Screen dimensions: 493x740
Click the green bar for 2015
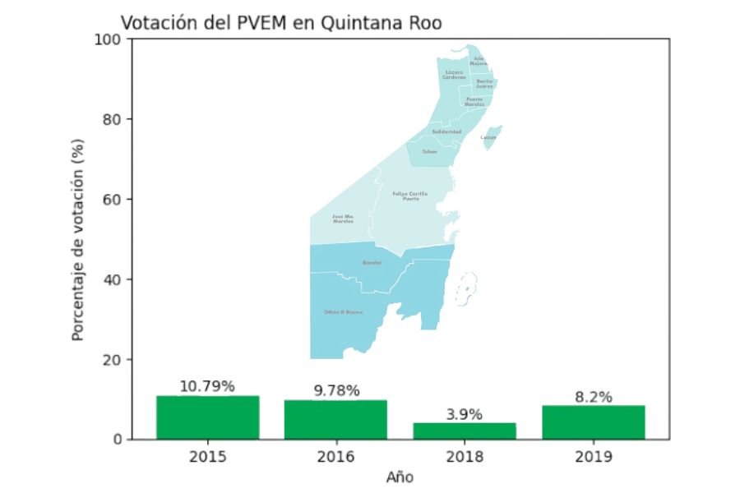tap(207, 417)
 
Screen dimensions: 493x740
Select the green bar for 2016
tap(335, 419)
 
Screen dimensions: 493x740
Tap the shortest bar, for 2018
tap(465, 431)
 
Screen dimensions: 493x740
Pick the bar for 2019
tap(593, 422)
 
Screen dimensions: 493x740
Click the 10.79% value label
tap(207, 386)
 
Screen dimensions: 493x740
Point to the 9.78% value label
tap(336, 390)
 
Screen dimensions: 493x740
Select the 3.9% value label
tap(465, 414)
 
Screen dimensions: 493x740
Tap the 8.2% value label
tap(593, 397)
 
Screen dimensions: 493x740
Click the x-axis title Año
tap(400, 477)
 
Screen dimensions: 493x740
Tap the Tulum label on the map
tap(429, 152)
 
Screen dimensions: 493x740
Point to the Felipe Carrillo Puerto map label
tap(409, 196)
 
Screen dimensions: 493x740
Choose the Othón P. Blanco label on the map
tap(343, 312)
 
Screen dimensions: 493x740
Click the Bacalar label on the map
tap(372, 263)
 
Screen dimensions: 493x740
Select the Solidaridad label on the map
tap(446, 131)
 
